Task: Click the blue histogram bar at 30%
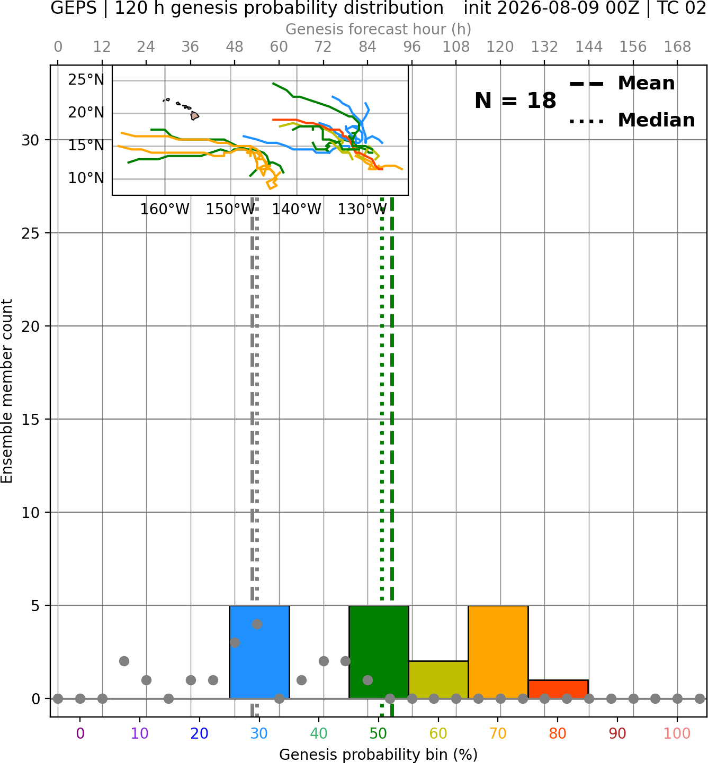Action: click(259, 652)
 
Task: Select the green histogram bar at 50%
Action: click(379, 652)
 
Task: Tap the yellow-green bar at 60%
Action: click(438, 679)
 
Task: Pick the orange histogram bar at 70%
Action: click(498, 652)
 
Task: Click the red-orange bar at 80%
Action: click(558, 689)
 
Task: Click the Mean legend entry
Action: click(622, 84)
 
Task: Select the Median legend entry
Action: click(632, 120)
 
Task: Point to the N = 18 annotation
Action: click(515, 101)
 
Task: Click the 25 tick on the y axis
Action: click(30, 233)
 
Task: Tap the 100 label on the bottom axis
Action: click(677, 733)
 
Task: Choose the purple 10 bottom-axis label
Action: click(140, 733)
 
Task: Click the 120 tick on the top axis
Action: click(500, 47)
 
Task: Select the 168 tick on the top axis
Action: click(677, 47)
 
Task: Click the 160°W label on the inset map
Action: click(165, 210)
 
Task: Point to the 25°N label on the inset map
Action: click(86, 80)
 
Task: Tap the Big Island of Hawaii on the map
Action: click(194, 116)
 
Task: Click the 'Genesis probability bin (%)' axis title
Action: click(379, 755)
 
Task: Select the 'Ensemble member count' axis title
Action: click(6, 391)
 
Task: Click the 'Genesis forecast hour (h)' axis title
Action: click(379, 29)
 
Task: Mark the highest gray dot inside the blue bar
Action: click(257, 624)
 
